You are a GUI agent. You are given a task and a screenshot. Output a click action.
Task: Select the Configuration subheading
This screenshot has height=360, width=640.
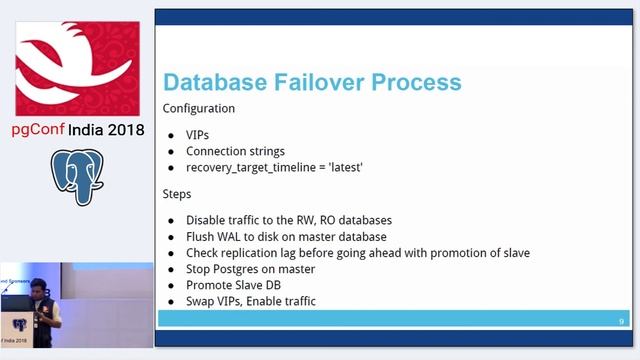tap(199, 108)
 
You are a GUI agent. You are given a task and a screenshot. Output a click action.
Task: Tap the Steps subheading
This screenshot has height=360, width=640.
tap(179, 193)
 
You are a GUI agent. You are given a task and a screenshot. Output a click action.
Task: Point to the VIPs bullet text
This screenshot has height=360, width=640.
tap(198, 134)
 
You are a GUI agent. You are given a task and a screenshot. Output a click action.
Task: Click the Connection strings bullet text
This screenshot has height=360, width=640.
tap(235, 151)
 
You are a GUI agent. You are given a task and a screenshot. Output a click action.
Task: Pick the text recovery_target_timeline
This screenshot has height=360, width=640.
tap(249, 167)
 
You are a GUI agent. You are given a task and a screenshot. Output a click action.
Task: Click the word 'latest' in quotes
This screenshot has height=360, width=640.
tap(340, 167)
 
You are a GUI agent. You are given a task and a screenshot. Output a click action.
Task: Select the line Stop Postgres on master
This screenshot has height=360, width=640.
tap(256, 269)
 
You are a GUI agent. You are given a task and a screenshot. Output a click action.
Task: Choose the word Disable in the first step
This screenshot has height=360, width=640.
tap(208, 220)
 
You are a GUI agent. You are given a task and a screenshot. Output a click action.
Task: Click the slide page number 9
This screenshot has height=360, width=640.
tap(621, 320)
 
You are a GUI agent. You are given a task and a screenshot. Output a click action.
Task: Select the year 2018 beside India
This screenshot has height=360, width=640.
tap(124, 130)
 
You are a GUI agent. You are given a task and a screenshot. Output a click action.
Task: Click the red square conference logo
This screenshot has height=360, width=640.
tap(76, 65)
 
